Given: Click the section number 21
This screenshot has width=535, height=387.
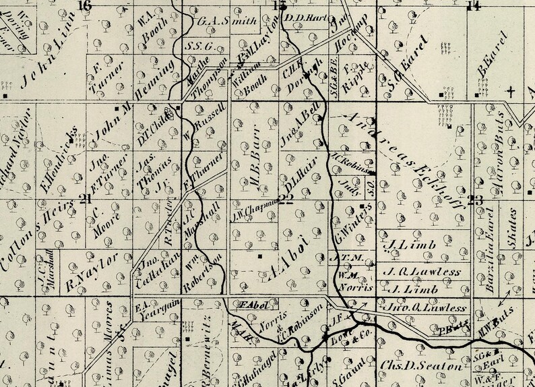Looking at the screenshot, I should click(85, 198).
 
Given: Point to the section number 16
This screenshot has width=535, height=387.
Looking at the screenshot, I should click(84, 6).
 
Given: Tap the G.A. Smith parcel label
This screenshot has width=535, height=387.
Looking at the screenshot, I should click(217, 21).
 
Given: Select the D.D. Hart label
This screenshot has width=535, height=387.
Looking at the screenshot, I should click(302, 18).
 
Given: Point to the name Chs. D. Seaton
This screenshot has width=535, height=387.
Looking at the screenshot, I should click(420, 367).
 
